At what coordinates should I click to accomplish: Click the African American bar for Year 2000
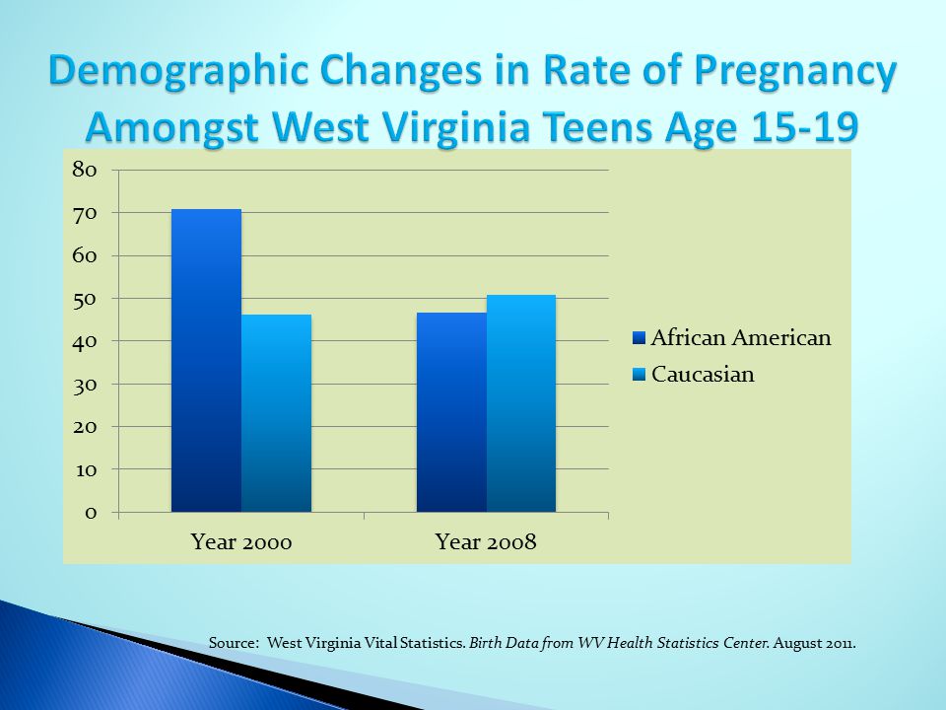point(206,361)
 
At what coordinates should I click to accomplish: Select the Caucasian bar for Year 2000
point(276,413)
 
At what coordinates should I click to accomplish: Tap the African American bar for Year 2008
point(451,412)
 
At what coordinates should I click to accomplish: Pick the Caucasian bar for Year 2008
point(520,403)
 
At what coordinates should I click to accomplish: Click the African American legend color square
point(639,337)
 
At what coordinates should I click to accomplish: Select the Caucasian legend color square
point(639,375)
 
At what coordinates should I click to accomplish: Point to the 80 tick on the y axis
point(85,171)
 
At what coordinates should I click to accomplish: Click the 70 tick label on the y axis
point(85,213)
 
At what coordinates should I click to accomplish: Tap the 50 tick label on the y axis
point(85,299)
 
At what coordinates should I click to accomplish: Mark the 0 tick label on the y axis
point(91,513)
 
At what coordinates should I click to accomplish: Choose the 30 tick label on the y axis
point(85,384)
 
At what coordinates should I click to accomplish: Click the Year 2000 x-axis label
point(241,541)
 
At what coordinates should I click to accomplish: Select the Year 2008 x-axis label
point(486,541)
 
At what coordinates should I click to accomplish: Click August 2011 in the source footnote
point(814,643)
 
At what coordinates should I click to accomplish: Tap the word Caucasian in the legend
point(703,375)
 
